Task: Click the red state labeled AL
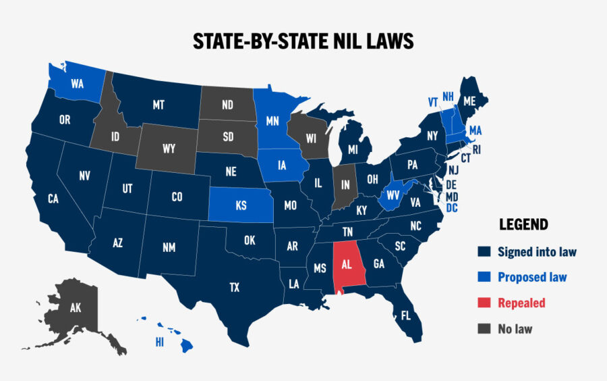pyautogui.click(x=348, y=265)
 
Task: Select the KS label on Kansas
pyautogui.click(x=241, y=205)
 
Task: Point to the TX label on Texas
pyautogui.click(x=234, y=287)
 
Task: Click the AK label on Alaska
pyautogui.click(x=76, y=308)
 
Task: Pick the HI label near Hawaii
pyautogui.click(x=160, y=342)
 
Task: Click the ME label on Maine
pyautogui.click(x=470, y=101)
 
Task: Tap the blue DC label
pyautogui.click(x=452, y=208)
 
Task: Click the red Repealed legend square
pyautogui.click(x=484, y=303)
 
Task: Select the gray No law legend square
pyautogui.click(x=484, y=329)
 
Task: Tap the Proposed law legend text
pyautogui.click(x=532, y=277)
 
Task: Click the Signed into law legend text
pyautogui.click(x=537, y=252)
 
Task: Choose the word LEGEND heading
pyautogui.click(x=523, y=225)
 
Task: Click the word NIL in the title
pyautogui.click(x=351, y=42)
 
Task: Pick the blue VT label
pyautogui.click(x=433, y=102)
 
